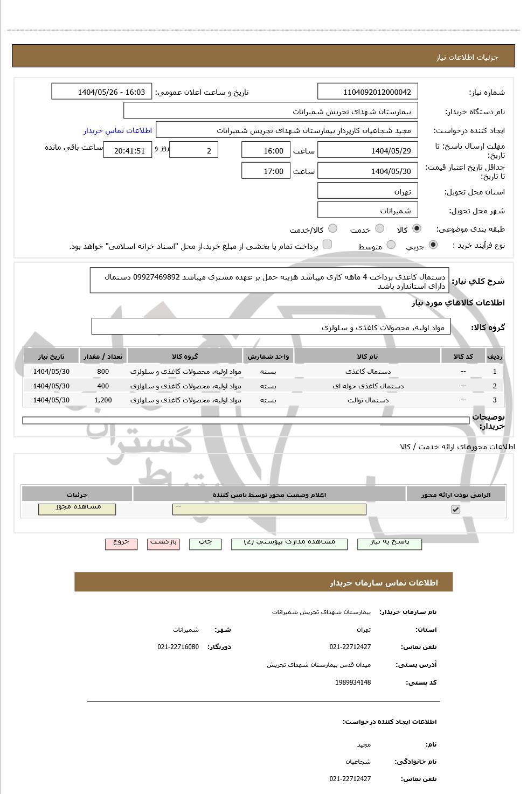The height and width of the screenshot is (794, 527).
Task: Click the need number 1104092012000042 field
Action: coord(368,92)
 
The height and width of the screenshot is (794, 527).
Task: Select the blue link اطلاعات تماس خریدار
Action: coord(117,131)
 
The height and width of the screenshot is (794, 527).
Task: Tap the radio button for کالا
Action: coord(417,229)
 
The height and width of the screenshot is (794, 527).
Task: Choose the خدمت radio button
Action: coord(379,229)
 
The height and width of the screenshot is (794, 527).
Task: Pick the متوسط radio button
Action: coord(391,246)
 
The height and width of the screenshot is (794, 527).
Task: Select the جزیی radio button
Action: coord(433,246)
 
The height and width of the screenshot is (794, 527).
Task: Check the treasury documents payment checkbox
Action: coord(327,245)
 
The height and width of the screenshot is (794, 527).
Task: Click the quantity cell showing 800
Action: coord(103,372)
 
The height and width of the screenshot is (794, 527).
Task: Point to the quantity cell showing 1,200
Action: coord(103,400)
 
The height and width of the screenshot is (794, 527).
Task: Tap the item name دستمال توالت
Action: coord(368,400)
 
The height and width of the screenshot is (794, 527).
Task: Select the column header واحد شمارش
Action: coord(268,357)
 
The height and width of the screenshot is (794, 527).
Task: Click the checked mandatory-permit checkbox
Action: coord(456,509)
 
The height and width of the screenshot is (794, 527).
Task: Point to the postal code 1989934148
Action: coord(353,682)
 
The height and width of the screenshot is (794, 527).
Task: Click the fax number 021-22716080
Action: coord(178,647)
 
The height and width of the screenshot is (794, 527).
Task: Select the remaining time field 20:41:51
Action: coord(129,151)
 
